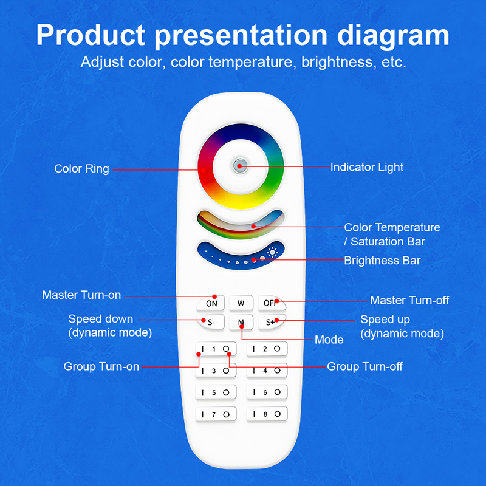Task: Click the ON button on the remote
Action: tap(210, 303)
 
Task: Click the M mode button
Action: tap(241, 322)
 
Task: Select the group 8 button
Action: tap(266, 414)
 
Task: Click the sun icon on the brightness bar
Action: tap(272, 253)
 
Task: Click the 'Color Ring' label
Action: tap(81, 169)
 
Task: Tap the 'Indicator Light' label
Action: tap(366, 166)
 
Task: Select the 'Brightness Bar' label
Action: tap(382, 261)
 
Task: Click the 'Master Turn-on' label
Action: tap(81, 295)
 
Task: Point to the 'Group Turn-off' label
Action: tap(364, 366)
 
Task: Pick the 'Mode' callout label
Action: tap(329, 340)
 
